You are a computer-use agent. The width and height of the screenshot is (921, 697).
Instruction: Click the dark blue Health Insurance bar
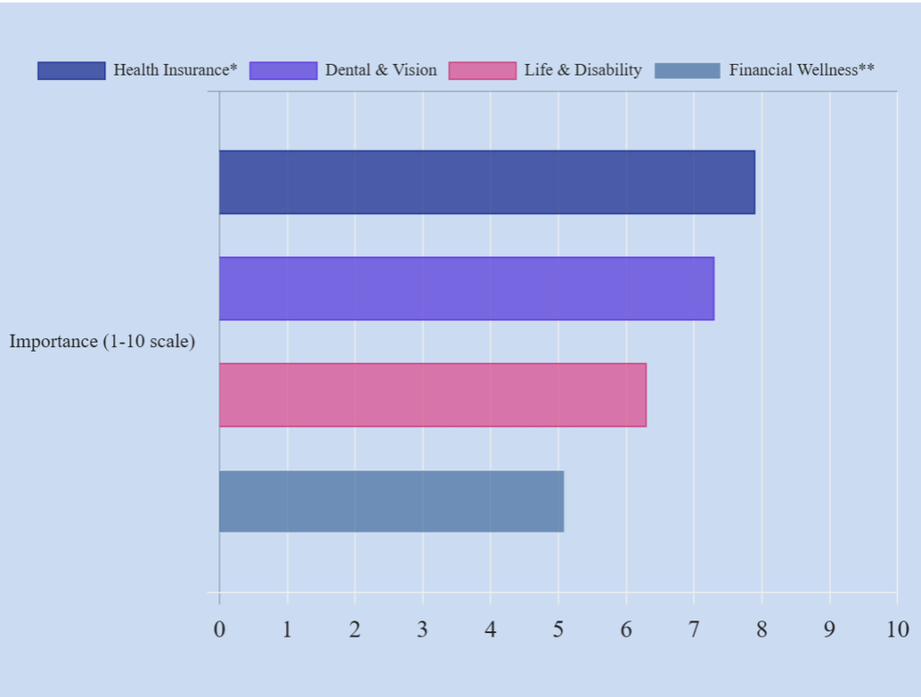click(487, 182)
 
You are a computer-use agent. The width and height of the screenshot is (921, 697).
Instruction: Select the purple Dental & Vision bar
click(466, 288)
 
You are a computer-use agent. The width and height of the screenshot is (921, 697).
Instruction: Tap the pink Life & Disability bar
click(433, 395)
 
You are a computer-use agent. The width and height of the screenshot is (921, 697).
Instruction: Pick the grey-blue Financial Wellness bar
click(391, 501)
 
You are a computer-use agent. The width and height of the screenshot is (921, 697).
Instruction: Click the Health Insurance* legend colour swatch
click(71, 70)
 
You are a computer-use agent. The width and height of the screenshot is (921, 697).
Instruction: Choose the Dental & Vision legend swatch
click(283, 70)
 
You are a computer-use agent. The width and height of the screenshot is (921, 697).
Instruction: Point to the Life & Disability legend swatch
click(482, 70)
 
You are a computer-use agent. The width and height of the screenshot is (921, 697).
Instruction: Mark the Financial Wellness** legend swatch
click(687, 70)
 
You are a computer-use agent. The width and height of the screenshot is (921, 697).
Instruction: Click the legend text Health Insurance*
click(175, 70)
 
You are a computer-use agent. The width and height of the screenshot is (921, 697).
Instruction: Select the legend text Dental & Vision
click(380, 70)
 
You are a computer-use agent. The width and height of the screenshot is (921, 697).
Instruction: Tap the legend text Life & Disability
click(583, 70)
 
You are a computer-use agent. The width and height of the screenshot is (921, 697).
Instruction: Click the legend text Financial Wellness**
click(801, 70)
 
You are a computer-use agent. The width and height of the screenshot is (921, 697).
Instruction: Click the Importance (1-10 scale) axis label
click(103, 342)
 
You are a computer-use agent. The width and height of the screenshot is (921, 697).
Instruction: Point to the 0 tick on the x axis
click(219, 629)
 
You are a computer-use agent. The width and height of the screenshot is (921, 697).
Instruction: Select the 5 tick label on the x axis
click(559, 629)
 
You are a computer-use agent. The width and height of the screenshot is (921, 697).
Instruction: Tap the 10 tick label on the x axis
click(897, 629)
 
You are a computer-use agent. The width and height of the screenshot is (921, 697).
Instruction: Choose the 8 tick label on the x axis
click(762, 629)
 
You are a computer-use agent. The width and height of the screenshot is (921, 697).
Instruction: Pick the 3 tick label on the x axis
click(423, 629)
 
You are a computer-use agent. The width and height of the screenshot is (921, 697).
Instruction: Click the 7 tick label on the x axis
click(693, 629)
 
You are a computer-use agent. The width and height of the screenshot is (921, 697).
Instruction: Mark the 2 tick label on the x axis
click(355, 629)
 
